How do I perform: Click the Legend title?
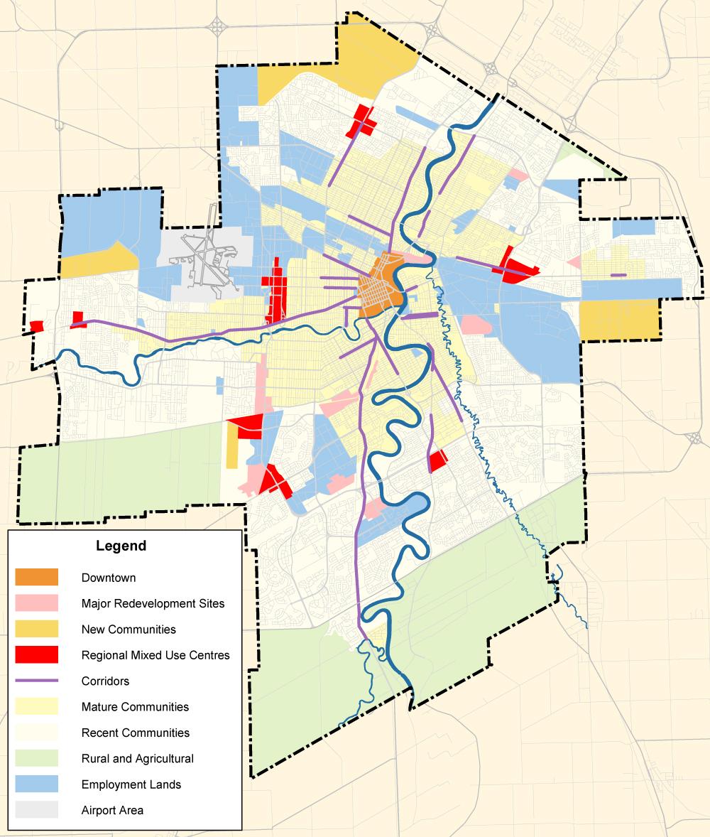121,546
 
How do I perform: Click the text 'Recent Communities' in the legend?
136,733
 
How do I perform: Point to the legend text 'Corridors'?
106,681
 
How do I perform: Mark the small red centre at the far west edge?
36,325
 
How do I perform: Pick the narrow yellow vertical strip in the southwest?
233,448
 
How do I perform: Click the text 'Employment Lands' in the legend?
131,784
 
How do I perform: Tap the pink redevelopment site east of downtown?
475,325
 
